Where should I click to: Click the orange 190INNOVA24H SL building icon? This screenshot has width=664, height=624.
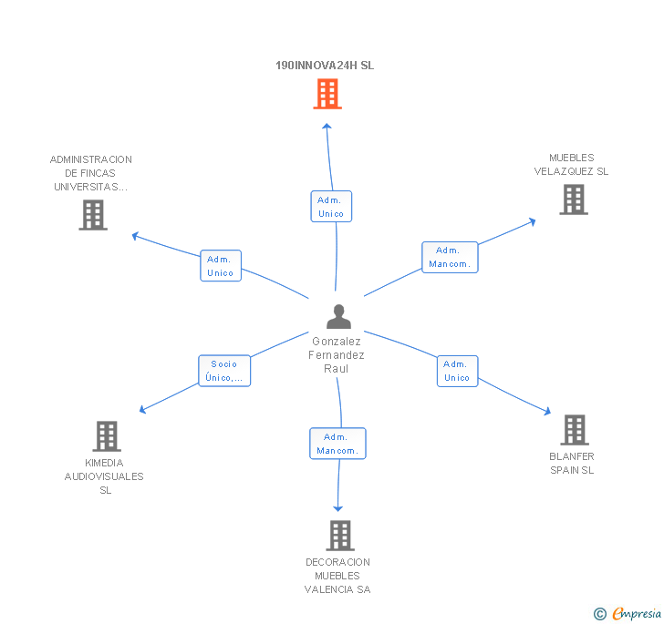click(x=327, y=93)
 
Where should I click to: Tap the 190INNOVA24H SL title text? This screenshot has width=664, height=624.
click(x=325, y=66)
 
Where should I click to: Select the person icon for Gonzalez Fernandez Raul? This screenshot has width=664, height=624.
click(x=338, y=316)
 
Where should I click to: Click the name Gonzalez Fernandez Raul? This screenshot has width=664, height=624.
click(x=337, y=355)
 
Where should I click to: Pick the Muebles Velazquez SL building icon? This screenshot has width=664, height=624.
click(x=573, y=199)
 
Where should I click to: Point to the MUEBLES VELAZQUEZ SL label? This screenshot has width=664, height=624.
click(x=571, y=165)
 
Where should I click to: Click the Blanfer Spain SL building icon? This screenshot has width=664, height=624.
click(x=574, y=429)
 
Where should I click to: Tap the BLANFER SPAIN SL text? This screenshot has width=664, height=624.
click(x=572, y=463)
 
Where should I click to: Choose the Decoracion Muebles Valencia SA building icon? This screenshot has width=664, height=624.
click(x=340, y=536)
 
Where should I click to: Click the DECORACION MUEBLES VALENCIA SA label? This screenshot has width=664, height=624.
click(x=337, y=576)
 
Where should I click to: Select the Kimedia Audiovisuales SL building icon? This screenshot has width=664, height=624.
click(x=107, y=436)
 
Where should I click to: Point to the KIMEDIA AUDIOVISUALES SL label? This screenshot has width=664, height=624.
click(x=104, y=476)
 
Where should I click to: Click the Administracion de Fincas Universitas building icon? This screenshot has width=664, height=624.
click(x=93, y=215)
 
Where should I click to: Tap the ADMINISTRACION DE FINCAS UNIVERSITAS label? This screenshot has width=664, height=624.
click(x=91, y=173)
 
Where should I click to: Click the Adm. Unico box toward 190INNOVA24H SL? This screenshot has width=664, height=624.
click(x=331, y=207)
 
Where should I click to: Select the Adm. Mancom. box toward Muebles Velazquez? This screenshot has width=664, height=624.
click(x=450, y=258)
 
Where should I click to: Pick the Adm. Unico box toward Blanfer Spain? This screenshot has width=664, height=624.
click(x=457, y=371)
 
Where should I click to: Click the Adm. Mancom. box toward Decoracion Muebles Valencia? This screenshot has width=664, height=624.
click(x=337, y=444)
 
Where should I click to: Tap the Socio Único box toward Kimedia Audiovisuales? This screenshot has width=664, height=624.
click(x=224, y=371)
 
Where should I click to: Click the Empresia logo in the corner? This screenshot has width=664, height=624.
click(x=628, y=613)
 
